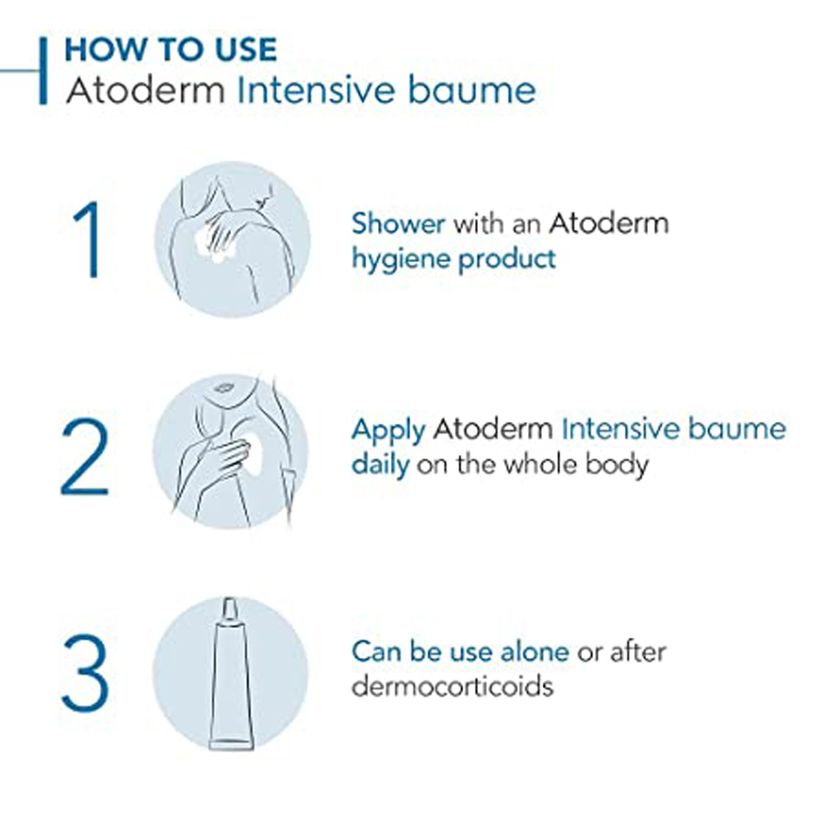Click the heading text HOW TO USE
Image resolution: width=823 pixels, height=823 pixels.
(x=170, y=50)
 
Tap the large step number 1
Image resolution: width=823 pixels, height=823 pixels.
(x=88, y=240)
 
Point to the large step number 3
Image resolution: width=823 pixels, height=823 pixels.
(x=85, y=674)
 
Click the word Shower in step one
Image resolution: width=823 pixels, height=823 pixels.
(x=398, y=224)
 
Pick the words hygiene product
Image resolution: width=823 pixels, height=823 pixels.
(x=453, y=259)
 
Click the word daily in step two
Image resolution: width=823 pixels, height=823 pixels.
(x=380, y=464)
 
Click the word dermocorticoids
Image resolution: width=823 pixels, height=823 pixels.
(x=452, y=686)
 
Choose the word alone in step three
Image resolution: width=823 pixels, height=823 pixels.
(x=534, y=651)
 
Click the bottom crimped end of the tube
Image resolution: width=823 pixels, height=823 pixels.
(x=230, y=743)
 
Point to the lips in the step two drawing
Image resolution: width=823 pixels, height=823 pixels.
(x=222, y=388)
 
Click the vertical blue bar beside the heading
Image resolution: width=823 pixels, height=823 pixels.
(x=43, y=71)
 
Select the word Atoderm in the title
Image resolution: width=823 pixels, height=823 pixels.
(x=145, y=91)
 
